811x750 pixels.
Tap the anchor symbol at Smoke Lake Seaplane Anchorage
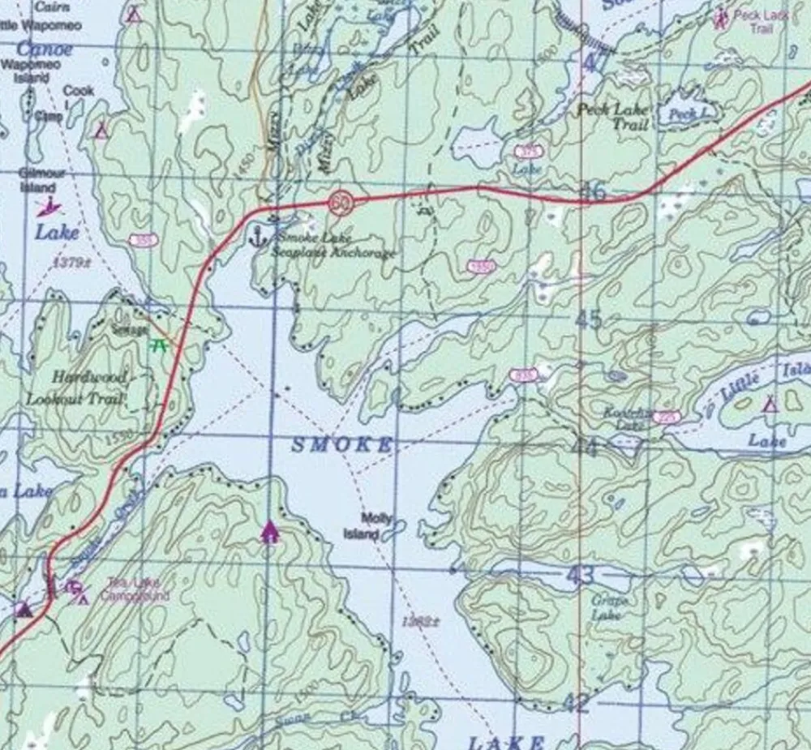(260, 238)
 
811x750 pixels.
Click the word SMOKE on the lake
(341, 444)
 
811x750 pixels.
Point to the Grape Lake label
(606, 607)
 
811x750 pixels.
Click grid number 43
(581, 576)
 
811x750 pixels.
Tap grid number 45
(589, 319)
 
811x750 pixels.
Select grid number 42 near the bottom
(575, 703)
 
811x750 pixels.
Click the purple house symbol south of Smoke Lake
(269, 532)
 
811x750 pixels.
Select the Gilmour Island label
(38, 180)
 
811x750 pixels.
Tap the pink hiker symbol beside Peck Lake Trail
(719, 15)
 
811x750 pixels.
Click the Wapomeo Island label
(28, 71)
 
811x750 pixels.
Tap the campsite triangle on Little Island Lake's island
(770, 403)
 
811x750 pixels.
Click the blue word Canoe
(45, 49)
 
